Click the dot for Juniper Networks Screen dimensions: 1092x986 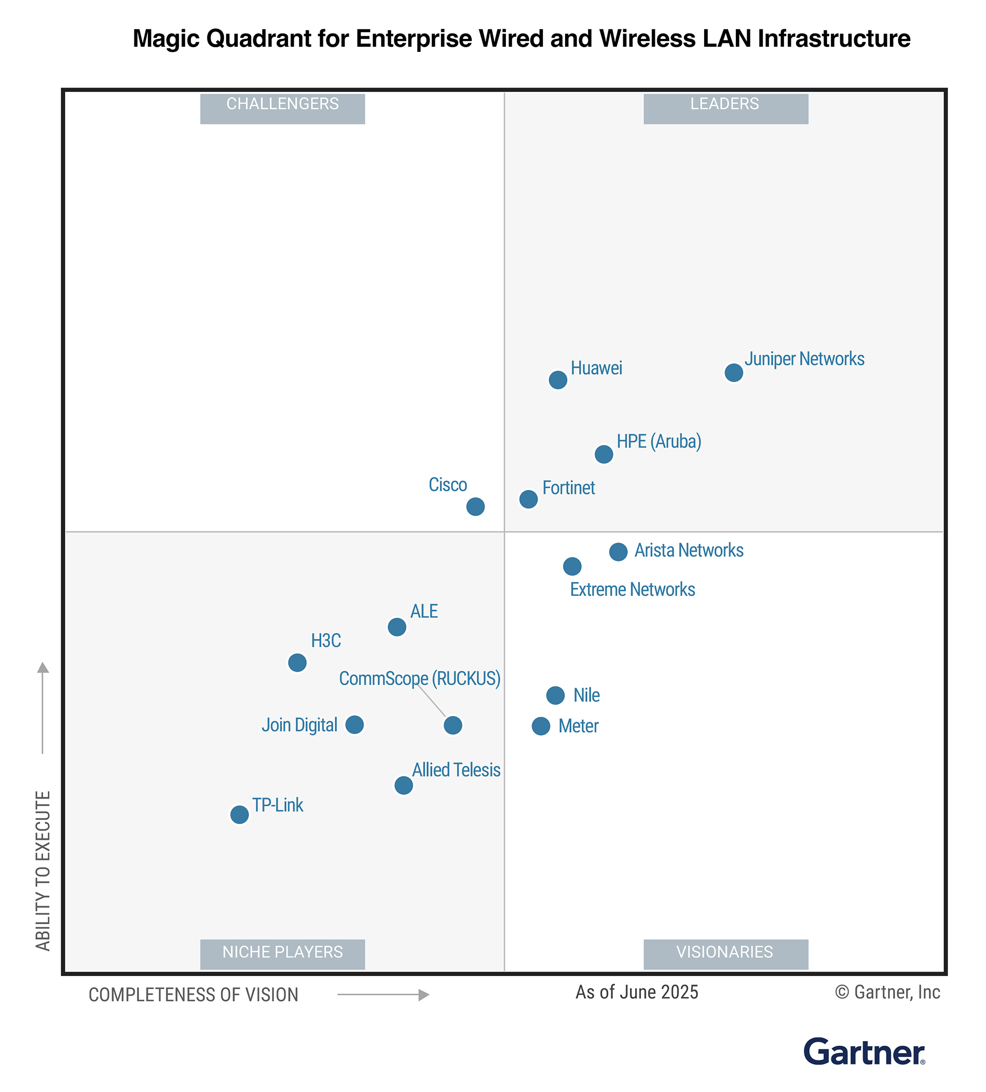pos(733,372)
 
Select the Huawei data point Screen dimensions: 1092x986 pos(557,380)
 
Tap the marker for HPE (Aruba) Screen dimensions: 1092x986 pos(604,455)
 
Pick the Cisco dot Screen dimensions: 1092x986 pos(475,507)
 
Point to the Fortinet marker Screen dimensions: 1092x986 pos(528,499)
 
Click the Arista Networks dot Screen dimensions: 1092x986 pos(618,552)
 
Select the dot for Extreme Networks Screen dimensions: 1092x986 pos(572,567)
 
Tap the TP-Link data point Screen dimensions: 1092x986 pos(239,815)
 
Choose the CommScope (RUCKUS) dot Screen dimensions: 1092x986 pos(453,725)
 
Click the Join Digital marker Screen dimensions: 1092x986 pos(354,725)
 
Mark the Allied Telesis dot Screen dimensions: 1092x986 pos(403,785)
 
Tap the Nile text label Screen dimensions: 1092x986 pos(586,696)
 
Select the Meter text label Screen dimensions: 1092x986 pos(578,726)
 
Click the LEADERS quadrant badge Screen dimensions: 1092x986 pos(725,109)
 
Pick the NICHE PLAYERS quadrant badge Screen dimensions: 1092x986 pos(282,954)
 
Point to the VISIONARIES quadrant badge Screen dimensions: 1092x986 pos(725,954)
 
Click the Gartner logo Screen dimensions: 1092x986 pos(864,1053)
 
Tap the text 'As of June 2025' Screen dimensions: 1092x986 pos(636,992)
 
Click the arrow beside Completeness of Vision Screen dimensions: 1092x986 pos(382,995)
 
